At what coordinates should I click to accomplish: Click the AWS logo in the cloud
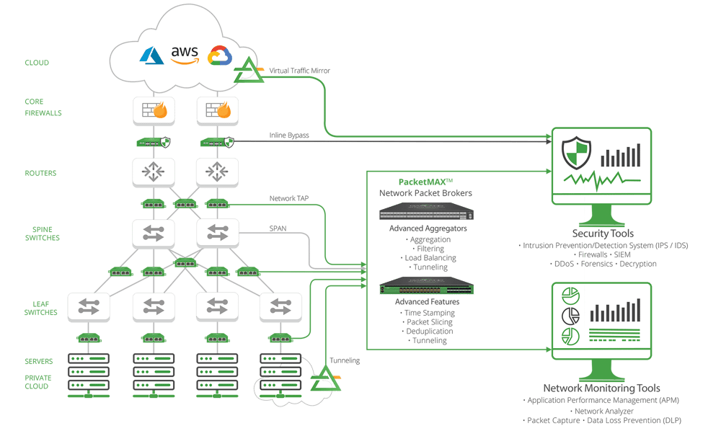pos(185,55)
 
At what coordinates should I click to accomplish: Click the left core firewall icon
pos(153,110)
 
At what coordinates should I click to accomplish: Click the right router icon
pos(217,172)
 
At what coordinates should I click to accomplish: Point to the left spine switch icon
pos(153,233)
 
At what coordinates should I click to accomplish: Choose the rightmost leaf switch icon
pos(280,306)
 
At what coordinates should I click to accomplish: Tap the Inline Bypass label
pos(289,134)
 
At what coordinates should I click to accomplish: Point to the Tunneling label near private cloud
pos(345,360)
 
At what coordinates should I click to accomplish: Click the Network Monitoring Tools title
pos(601,388)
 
